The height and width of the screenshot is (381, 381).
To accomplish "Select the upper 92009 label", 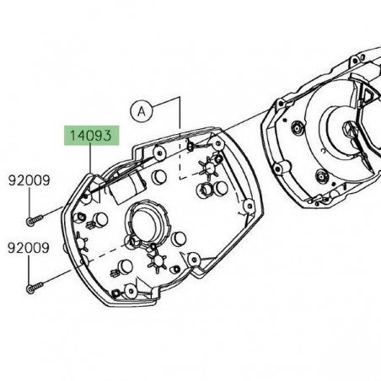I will coord(30,180).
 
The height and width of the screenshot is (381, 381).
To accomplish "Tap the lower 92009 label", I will coord(30,249).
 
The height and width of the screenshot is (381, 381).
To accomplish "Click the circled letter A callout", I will coord(142,110).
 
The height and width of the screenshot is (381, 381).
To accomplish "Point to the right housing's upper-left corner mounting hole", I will coord(299,127).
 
